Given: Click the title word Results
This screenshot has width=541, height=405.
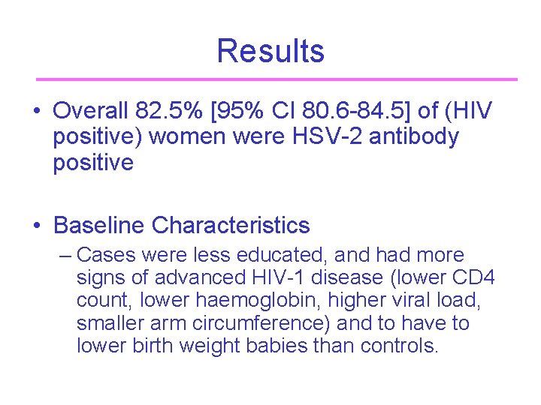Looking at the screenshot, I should pos(270,51).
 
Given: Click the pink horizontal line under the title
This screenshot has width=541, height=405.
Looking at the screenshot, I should pos(277,79).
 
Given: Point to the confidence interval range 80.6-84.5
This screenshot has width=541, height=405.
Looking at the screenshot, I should pos(356,112).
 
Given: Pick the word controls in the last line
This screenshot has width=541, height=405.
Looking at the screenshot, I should pos(398,346).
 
